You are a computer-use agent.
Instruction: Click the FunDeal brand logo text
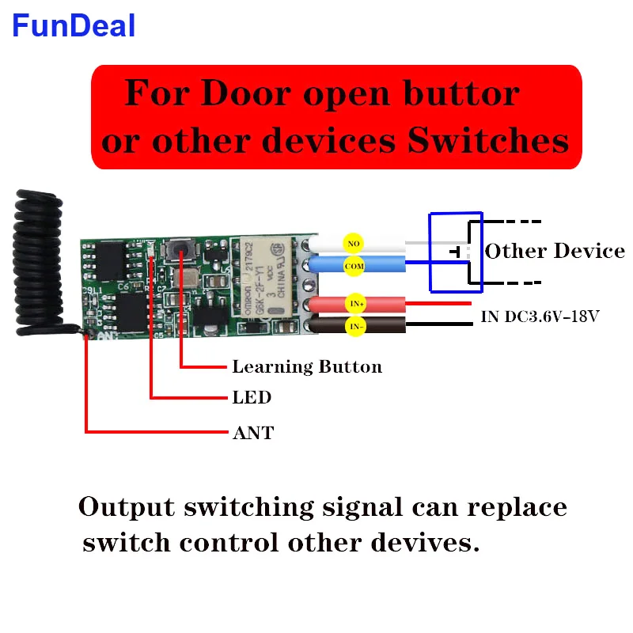click(74, 25)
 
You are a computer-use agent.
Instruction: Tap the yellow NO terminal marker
click(353, 241)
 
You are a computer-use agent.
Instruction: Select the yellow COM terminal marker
click(353, 265)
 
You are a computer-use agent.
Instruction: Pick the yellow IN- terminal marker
click(353, 325)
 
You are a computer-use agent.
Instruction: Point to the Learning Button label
click(306, 367)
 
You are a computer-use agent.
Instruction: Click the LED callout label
click(252, 397)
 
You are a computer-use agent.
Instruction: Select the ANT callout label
click(253, 433)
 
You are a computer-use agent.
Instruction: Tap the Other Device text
click(555, 252)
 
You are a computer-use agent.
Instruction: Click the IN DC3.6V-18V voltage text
click(540, 317)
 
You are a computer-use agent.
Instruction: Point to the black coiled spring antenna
click(38, 261)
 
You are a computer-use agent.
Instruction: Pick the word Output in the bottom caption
click(129, 506)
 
